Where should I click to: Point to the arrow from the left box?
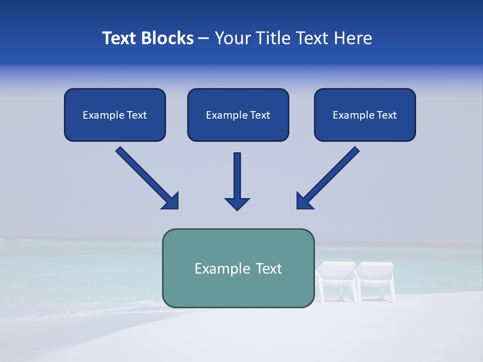[146, 177]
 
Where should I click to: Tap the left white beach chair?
[336, 282]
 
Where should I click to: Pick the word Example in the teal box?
[222, 269]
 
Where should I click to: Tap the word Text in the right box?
[387, 115]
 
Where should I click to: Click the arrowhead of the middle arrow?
[237, 204]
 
